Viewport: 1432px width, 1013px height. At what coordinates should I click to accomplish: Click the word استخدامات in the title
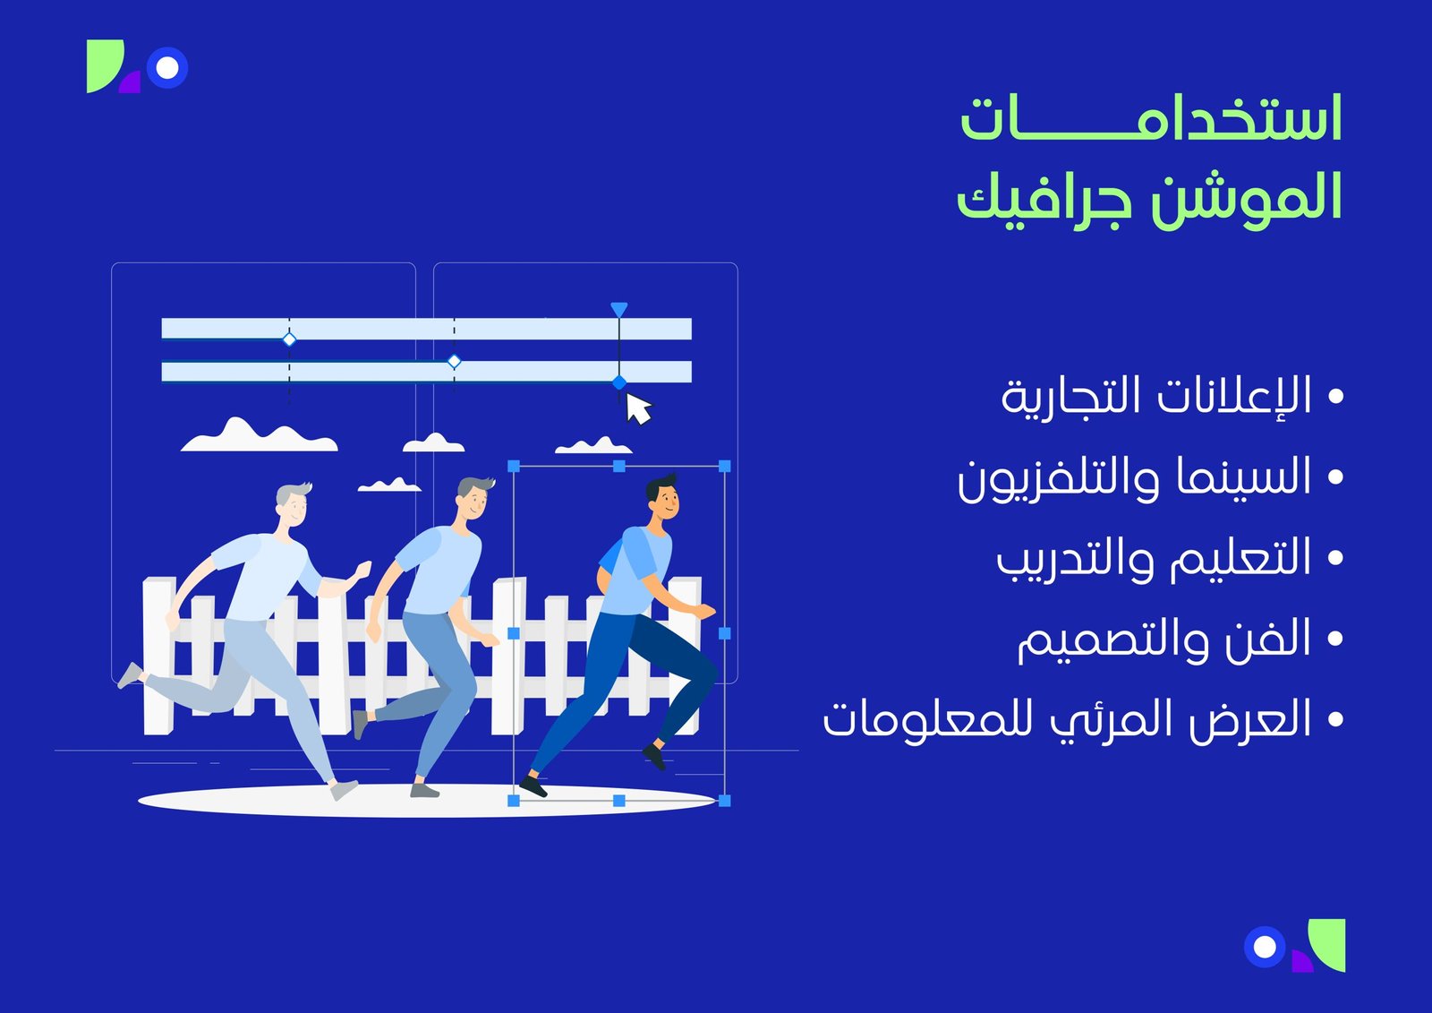pyautogui.click(x=1151, y=120)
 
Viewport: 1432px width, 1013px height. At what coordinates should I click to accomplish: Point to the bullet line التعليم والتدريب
pyautogui.click(x=1155, y=558)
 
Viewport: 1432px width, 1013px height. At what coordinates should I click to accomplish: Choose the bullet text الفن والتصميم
pyautogui.click(x=1164, y=640)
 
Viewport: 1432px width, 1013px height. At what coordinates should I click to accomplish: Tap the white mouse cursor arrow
pyautogui.click(x=637, y=409)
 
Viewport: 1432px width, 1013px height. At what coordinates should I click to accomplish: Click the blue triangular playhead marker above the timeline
pyautogui.click(x=618, y=310)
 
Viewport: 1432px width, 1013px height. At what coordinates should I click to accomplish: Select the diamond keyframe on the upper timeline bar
pyautogui.click(x=289, y=339)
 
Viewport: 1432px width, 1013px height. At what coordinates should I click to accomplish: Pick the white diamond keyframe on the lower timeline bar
pyautogui.click(x=454, y=361)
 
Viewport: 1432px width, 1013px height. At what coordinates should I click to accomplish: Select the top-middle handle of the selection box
pyautogui.click(x=618, y=466)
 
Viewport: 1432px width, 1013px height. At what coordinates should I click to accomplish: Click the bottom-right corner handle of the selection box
pyautogui.click(x=724, y=800)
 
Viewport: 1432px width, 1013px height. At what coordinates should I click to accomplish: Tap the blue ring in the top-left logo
pyautogui.click(x=167, y=67)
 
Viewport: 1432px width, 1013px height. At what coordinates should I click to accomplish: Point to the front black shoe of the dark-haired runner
pyautogui.click(x=533, y=787)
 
